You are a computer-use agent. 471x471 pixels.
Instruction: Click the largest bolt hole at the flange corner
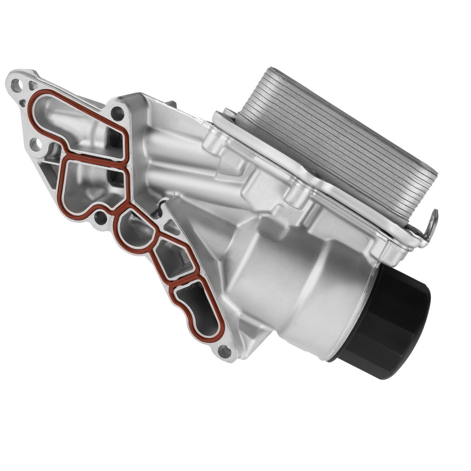(x=16, y=85)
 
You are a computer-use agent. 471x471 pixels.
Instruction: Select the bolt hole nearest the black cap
(x=226, y=350)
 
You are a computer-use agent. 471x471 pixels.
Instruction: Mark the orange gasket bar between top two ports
(x=94, y=155)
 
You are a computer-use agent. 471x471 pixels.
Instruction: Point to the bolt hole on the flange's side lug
(x=36, y=144)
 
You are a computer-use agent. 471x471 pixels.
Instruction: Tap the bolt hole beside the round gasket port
(x=100, y=218)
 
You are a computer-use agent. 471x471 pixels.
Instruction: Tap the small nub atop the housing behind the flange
(x=171, y=104)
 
